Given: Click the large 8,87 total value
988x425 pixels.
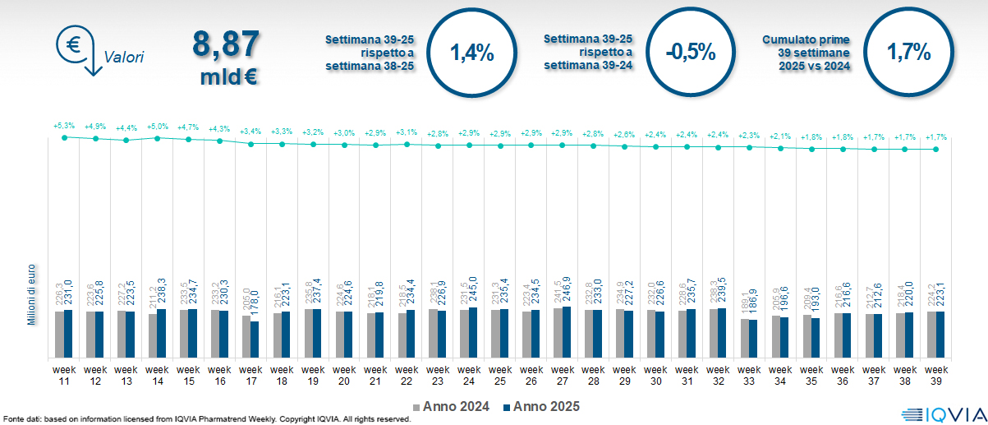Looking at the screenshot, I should tap(225, 44).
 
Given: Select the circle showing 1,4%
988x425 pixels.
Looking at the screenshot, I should tap(472, 53).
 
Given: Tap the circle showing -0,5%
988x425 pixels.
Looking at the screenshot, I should tap(691, 53).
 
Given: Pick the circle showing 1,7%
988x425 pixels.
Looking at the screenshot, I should tap(908, 53).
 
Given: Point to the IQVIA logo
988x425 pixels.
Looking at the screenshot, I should tap(940, 413).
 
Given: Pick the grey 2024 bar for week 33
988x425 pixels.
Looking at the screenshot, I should tap(745, 339).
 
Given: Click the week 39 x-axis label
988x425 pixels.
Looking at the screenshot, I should tap(936, 375).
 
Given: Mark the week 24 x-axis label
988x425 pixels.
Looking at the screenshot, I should tap(469, 375).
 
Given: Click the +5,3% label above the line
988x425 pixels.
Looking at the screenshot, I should tap(64, 126).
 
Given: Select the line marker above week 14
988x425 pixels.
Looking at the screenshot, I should tap(158, 138).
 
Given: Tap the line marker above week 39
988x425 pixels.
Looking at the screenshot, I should tap(936, 149).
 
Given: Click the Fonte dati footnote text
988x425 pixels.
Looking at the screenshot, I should tap(205, 419).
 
